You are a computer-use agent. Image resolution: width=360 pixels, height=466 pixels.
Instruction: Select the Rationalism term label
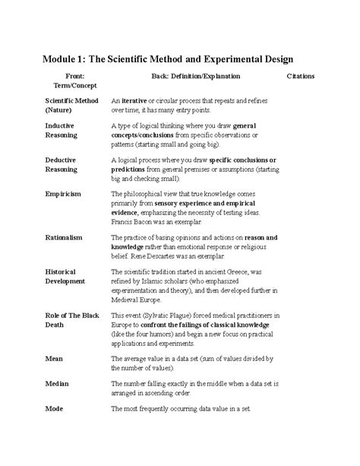(x=65, y=238)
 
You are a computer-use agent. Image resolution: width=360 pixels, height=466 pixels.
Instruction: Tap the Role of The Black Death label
(x=73, y=319)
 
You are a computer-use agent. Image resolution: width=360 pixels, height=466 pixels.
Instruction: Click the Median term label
(x=57, y=385)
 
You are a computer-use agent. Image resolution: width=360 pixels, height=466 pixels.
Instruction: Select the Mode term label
(x=54, y=408)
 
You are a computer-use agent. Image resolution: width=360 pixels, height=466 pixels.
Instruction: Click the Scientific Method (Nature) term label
(x=71, y=105)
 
